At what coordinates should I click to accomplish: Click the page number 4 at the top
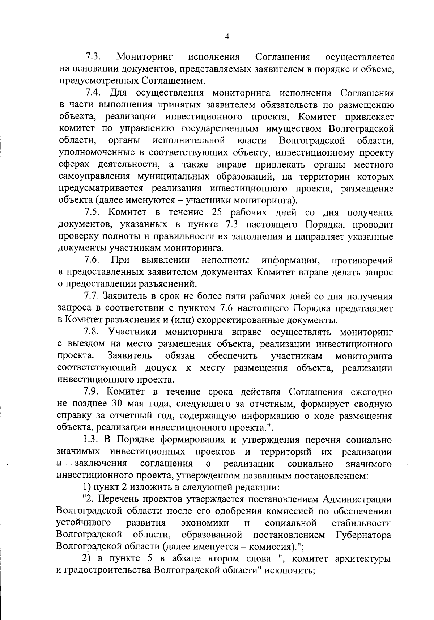pos(227,36)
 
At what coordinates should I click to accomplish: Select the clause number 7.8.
pos(92,332)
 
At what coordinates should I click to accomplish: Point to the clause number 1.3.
pos(91,440)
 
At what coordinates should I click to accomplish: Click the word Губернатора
pos(363,535)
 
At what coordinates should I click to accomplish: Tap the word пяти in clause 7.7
pos(236,296)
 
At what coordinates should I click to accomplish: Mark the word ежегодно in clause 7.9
pos(372,392)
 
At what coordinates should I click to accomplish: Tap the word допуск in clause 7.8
pos(161,368)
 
